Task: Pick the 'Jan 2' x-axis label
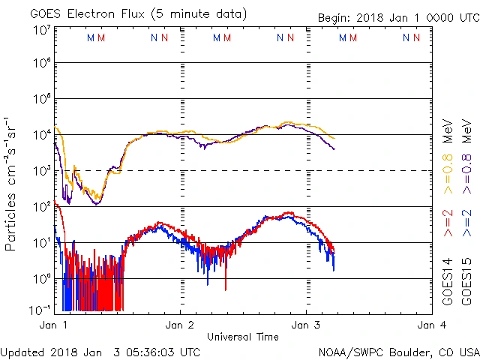[x=180, y=325]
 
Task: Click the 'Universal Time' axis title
[x=242, y=337]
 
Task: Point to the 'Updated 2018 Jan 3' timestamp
[x=100, y=352]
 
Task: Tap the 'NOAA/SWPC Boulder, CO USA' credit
[x=398, y=352]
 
